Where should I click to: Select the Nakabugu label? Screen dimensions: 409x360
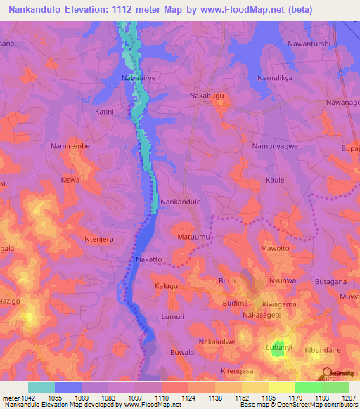tap(207, 93)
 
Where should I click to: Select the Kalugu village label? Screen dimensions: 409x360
tap(167, 287)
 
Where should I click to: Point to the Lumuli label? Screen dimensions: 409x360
tap(172, 317)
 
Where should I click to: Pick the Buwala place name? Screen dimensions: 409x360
tap(182, 351)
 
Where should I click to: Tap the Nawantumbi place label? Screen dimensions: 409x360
tap(309, 44)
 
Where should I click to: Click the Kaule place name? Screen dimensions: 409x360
tap(275, 180)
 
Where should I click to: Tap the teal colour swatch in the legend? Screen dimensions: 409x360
tap(41, 387)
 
